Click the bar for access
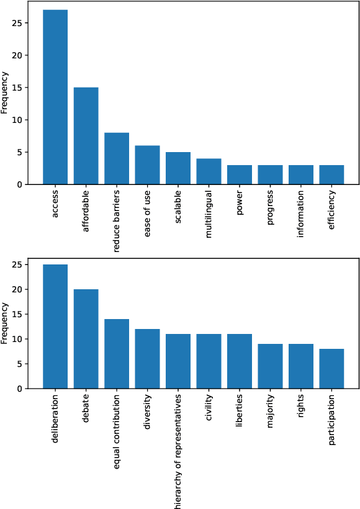(55, 97)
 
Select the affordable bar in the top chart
(86, 136)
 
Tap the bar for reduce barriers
(117, 158)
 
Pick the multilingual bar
(209, 171)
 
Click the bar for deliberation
(55, 327)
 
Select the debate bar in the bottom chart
(86, 339)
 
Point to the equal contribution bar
(117, 354)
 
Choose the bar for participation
(331, 369)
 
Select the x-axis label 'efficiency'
(331, 214)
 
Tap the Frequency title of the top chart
(5, 92)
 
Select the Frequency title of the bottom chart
(5, 323)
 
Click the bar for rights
(301, 366)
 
